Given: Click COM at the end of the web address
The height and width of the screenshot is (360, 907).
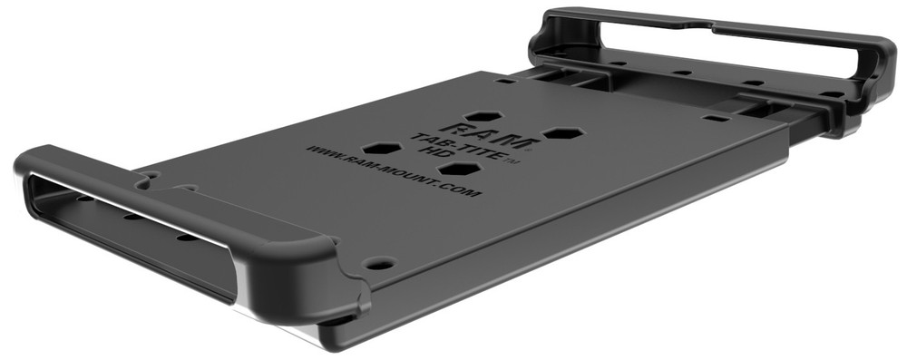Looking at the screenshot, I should pos(461,190).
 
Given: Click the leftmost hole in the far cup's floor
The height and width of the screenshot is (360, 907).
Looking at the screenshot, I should pos(620,63).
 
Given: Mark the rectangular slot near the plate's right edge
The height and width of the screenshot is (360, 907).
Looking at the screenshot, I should pos(717,118).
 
